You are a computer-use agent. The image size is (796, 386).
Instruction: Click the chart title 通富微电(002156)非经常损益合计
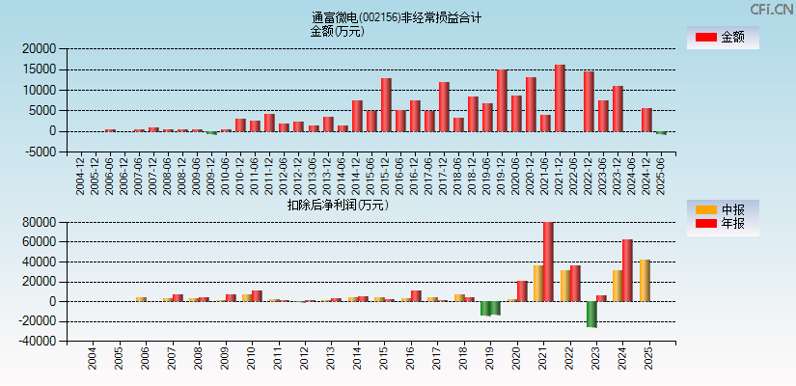pos(397,17)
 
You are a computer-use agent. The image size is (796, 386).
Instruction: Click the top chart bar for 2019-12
pos(502,100)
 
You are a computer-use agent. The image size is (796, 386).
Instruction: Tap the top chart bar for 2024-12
pos(646,120)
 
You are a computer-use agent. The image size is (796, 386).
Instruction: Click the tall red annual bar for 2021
pos(548,262)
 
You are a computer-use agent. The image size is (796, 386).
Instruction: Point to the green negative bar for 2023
pos(591,314)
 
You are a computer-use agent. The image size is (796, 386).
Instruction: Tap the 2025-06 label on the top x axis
pos(661,177)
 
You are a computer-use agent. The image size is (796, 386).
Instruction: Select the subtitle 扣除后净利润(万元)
pos(337,205)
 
